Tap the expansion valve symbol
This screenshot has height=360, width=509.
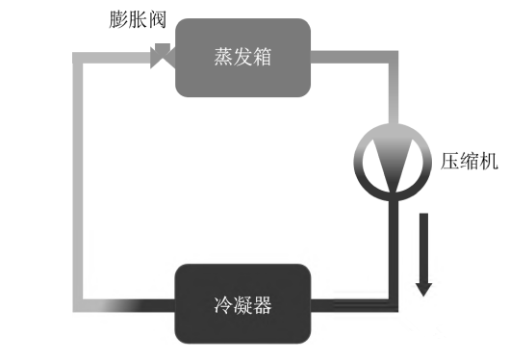pos(162,57)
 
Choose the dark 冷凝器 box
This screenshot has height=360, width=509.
pos(242,306)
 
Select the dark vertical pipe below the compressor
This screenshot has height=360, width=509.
pos(393,241)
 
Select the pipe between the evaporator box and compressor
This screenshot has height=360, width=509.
pos(393,96)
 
